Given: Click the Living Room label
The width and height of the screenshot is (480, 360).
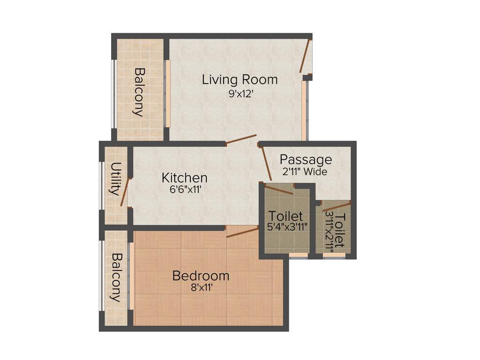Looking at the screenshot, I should point(240,79).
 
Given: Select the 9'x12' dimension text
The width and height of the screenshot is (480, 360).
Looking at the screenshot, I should point(241,93).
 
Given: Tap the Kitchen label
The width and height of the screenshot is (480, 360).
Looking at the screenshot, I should point(184,178).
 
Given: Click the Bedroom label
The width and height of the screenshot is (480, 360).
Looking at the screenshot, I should point(201,276).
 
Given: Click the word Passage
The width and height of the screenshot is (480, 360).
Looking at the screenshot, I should point(306,160).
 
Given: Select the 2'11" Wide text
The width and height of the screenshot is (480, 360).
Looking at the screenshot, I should point(305,172).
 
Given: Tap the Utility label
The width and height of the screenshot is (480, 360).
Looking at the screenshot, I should point(114,179).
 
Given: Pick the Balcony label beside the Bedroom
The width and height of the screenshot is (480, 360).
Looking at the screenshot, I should point(115,277).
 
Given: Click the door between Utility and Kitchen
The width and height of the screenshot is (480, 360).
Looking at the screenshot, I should point(125,192).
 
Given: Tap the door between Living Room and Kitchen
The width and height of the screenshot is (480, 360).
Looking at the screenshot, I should point(241,140).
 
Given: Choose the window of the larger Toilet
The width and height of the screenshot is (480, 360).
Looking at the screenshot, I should point(298,255).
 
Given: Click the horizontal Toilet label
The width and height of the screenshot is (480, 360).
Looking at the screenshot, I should point(285,217).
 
